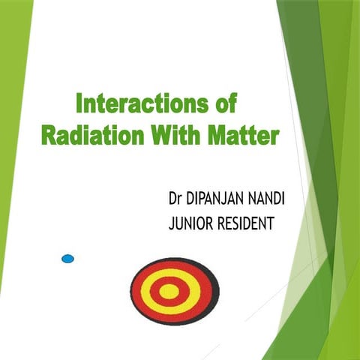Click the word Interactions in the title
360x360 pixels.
pos(145,103)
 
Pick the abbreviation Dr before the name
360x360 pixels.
pos(176,200)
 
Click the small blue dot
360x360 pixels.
pos(67,259)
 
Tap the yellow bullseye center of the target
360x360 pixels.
pos(170,291)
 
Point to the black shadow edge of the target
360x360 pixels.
pos(217,296)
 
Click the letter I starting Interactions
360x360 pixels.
pos(80,103)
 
